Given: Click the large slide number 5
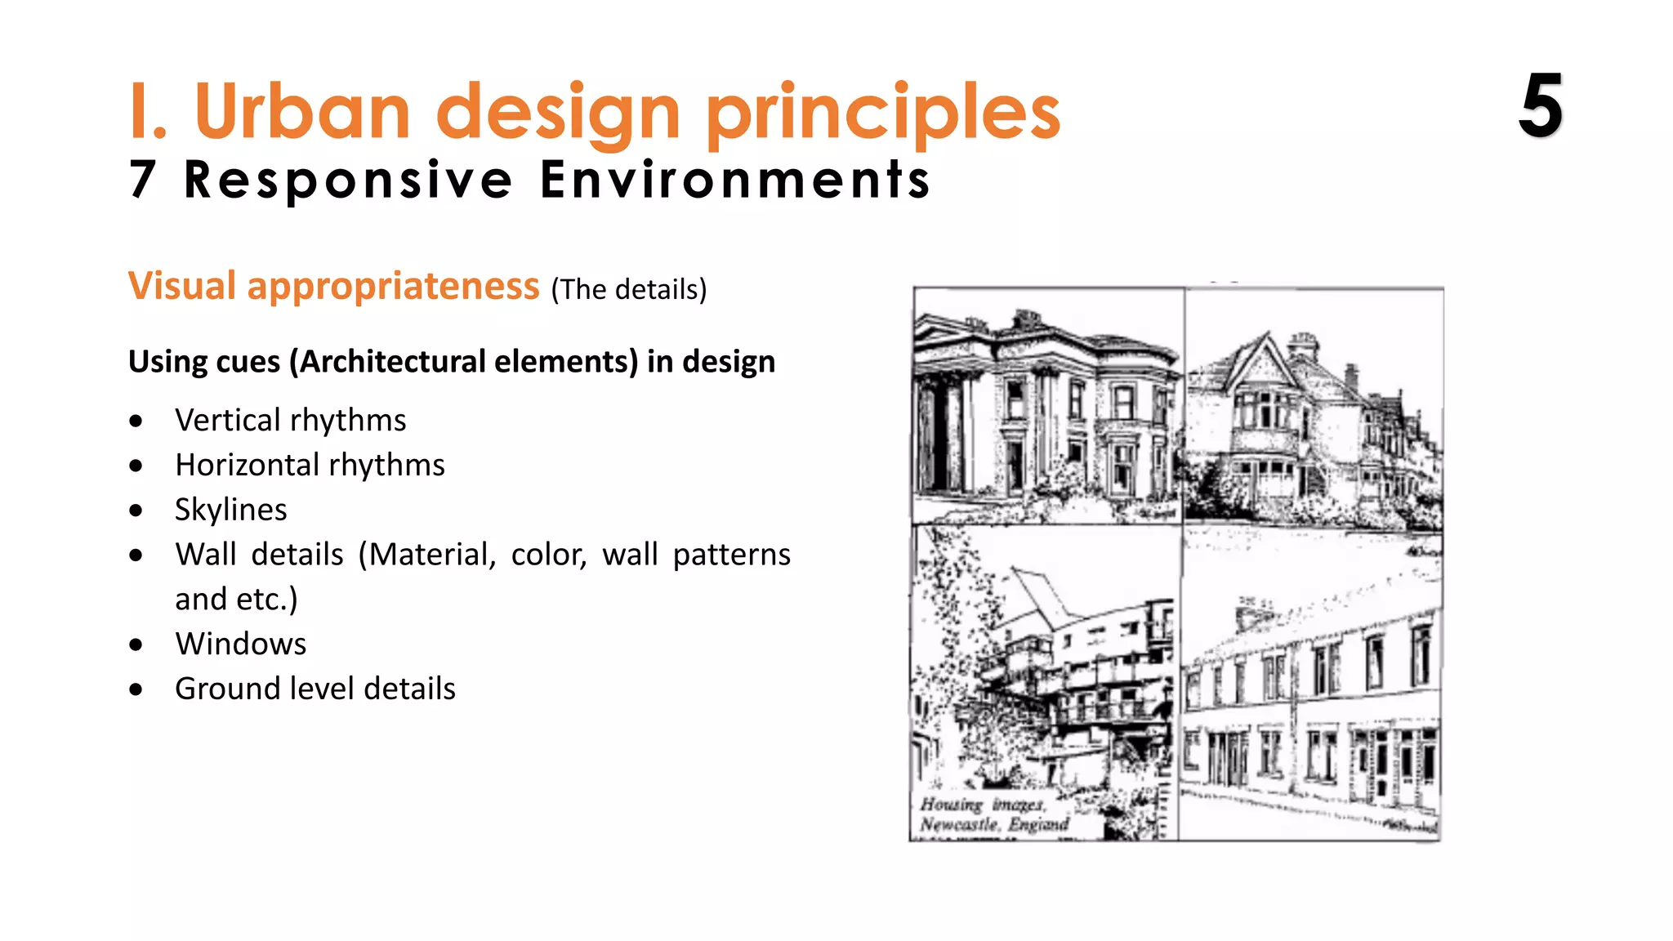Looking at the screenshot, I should coord(1541,106).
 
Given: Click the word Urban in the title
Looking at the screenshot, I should coord(302,112).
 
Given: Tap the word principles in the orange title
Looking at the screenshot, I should coord(882,114).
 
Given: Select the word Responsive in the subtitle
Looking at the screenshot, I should coord(349,180).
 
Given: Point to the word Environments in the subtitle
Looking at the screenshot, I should coord(735,180).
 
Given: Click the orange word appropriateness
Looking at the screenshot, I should coord(393,286).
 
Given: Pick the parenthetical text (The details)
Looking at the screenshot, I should coord(629,290).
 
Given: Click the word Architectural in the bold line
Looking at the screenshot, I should coord(468,361).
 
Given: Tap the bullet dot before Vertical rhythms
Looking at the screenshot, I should coord(136,421).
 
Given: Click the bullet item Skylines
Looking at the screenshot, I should coord(231,510).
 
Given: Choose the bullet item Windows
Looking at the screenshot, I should coord(241,644).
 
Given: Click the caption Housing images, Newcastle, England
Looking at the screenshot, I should coord(993,814).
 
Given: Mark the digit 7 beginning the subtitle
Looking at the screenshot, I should coord(142,180).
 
